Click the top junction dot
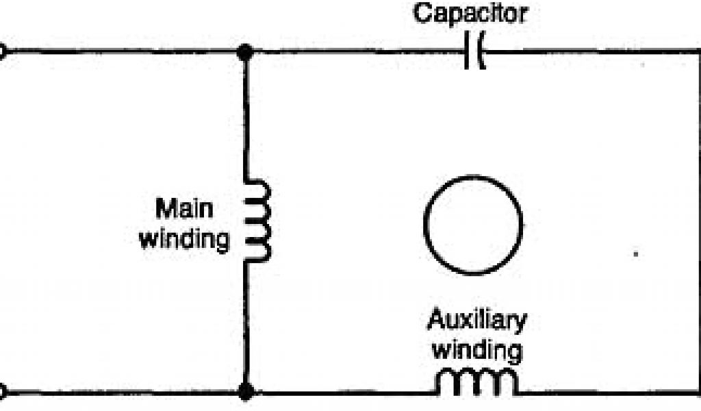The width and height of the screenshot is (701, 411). click(244, 51)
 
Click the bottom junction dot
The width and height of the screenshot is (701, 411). click(244, 392)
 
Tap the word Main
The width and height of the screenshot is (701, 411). click(180, 210)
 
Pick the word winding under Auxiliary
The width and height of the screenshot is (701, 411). click(476, 351)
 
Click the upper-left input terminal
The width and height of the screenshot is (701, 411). click(2, 51)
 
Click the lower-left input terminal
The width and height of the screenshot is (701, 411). click(2, 393)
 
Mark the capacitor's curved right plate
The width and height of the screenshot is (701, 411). click(481, 51)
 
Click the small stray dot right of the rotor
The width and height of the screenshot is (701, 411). click(636, 255)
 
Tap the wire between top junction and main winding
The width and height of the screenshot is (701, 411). click(244, 116)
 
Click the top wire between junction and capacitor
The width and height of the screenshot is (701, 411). click(356, 51)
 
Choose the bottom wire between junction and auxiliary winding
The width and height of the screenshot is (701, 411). click(342, 393)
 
